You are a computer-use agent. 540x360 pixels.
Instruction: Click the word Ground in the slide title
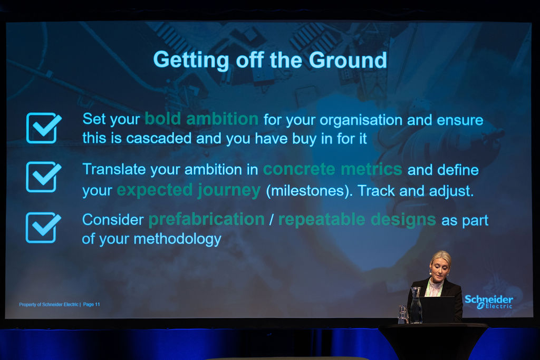pos(348,60)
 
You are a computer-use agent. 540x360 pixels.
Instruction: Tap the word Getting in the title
pos(191,61)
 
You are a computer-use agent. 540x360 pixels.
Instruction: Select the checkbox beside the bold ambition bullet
pos(43,128)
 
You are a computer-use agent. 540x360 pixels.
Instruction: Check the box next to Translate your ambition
pos(43,177)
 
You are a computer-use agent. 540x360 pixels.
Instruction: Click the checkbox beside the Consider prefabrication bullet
pos(43,228)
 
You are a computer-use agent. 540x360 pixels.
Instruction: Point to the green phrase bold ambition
pos(201,119)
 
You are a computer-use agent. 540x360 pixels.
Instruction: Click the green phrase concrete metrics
pos(333,169)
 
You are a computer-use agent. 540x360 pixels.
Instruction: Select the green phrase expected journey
pos(189,190)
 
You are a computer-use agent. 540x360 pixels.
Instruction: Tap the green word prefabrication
pos(207,220)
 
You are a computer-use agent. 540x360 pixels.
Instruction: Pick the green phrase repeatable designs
pos(357,220)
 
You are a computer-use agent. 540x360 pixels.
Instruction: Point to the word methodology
pos(177,239)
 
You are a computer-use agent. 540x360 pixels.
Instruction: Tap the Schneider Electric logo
pos(489,302)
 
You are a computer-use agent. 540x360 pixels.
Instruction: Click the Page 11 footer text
pos(91,305)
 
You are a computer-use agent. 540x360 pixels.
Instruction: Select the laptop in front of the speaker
pos(437,309)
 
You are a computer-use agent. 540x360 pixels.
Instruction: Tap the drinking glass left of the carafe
pos(403,314)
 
